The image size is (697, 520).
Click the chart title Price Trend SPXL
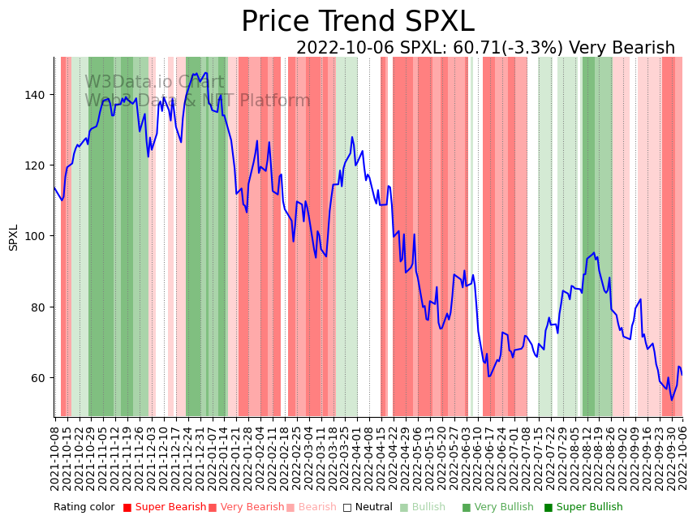(x=357, y=22)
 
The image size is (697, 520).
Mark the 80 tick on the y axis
(x=37, y=307)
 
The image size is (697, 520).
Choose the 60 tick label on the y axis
(x=37, y=378)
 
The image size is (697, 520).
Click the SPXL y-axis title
(x=14, y=237)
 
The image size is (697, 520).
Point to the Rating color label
(x=84, y=507)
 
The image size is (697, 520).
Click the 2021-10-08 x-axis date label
(x=55, y=458)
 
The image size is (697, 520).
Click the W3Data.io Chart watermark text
(x=154, y=82)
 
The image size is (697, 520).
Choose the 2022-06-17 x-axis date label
(x=489, y=458)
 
